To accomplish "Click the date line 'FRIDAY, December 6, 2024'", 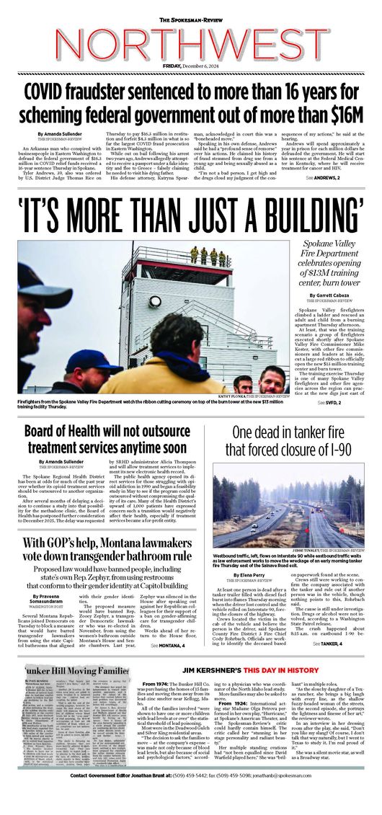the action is pos(191,66).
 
